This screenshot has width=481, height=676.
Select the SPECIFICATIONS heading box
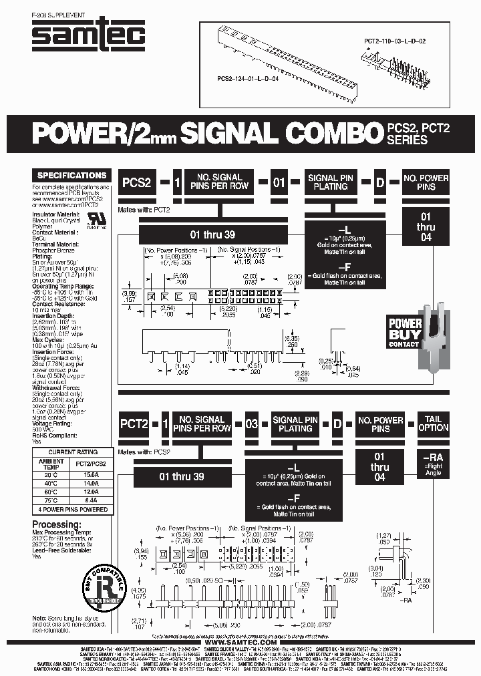pyautogui.click(x=71, y=176)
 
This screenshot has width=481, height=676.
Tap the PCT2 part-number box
pyautogui.click(x=134, y=424)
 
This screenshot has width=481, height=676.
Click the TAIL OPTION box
pyautogui.click(x=433, y=424)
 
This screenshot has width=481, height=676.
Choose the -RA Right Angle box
pyautogui.click(x=433, y=465)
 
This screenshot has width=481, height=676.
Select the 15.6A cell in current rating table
pyautogui.click(x=90, y=473)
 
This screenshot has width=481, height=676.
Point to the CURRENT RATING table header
pyautogui.click(x=71, y=452)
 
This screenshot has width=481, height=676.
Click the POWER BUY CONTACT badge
pyautogui.click(x=405, y=333)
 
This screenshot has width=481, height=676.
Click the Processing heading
pyautogui.click(x=60, y=524)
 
